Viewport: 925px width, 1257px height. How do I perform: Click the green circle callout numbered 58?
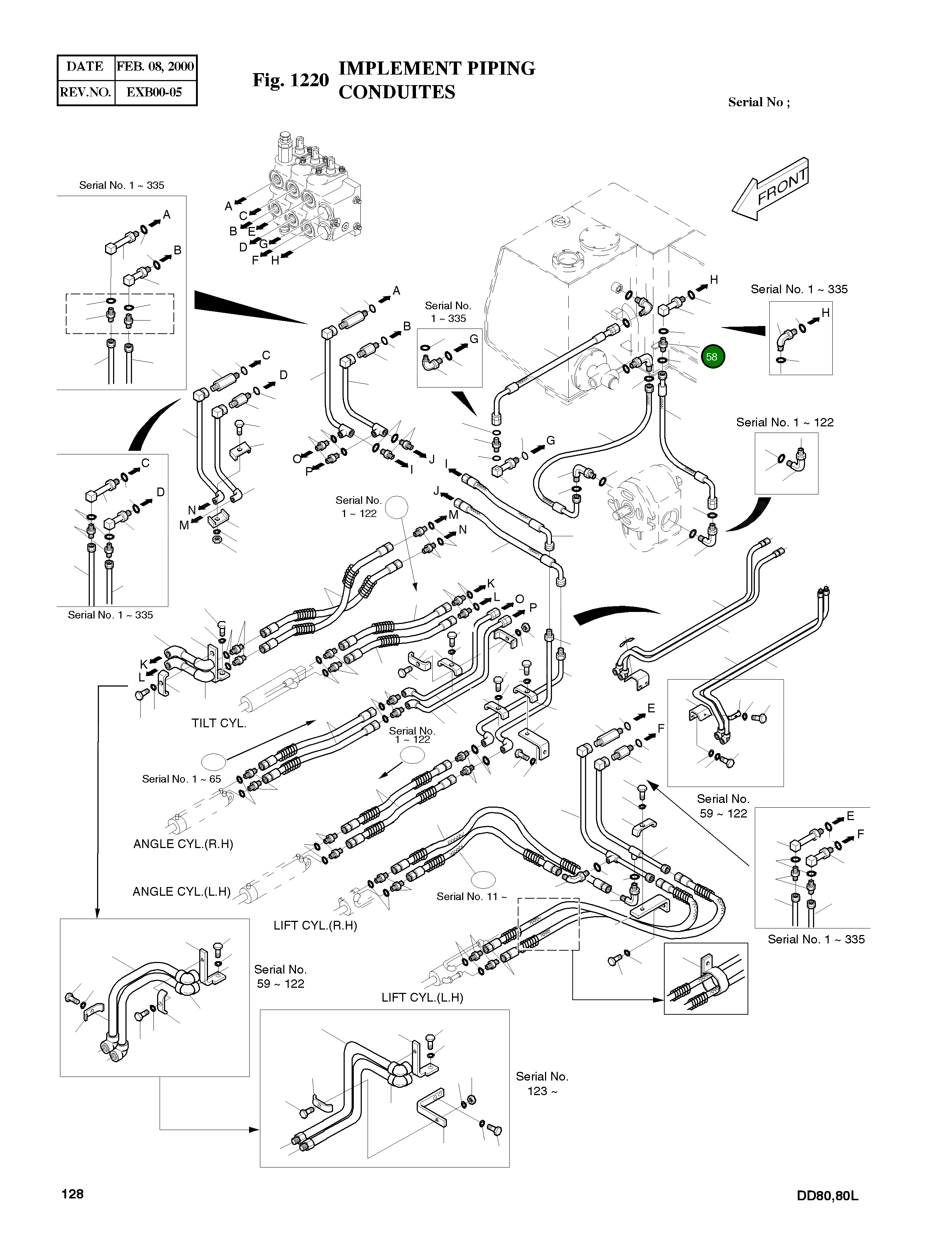pyautogui.click(x=712, y=357)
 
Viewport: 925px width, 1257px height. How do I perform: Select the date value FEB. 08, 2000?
pyautogui.click(x=155, y=67)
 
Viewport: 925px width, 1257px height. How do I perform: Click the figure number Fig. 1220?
pyautogui.click(x=291, y=80)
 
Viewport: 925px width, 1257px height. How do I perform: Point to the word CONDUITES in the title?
pyautogui.click(x=397, y=92)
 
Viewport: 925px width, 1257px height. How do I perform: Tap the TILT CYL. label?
pyautogui.click(x=219, y=723)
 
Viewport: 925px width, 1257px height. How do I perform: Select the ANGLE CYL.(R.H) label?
pyautogui.click(x=183, y=844)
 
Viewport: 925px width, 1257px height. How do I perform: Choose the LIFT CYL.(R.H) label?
pyautogui.click(x=315, y=926)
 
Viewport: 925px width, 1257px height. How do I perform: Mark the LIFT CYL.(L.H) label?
pyautogui.click(x=422, y=998)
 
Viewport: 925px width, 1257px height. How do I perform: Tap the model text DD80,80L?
pyautogui.click(x=828, y=1196)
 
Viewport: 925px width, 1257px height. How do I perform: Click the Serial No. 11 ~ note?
pyautogui.click(x=472, y=897)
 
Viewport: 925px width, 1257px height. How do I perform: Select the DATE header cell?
pyautogui.click(x=85, y=67)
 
